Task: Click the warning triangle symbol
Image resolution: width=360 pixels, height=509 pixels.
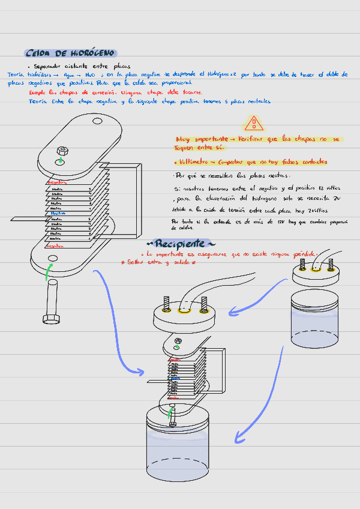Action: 254,124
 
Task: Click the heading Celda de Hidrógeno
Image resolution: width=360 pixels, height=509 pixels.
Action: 71,53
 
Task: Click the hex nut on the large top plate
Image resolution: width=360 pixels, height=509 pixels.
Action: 62,151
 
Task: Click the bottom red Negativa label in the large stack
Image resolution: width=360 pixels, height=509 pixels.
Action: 55,245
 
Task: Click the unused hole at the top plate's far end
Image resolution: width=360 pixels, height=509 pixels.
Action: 97,121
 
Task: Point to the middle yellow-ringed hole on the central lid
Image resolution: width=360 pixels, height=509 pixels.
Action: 185,311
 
